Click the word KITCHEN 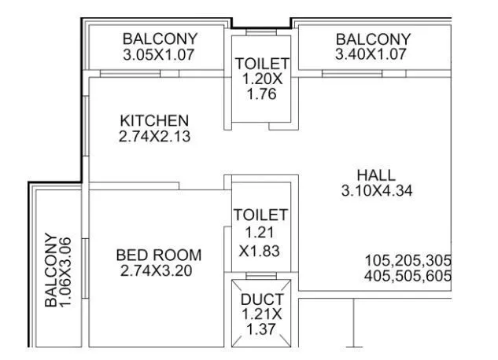(x=154, y=120)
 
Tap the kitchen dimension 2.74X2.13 (x=154, y=136)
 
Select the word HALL (x=376, y=174)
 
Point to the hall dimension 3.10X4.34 (x=377, y=190)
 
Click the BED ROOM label (x=158, y=255)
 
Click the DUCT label (x=262, y=299)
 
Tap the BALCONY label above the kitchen (x=160, y=39)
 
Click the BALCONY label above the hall (x=373, y=39)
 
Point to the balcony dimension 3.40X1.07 (x=373, y=55)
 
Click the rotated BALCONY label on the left (x=51, y=270)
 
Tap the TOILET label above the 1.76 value (x=263, y=64)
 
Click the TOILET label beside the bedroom (x=261, y=215)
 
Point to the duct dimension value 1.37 (x=262, y=330)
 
